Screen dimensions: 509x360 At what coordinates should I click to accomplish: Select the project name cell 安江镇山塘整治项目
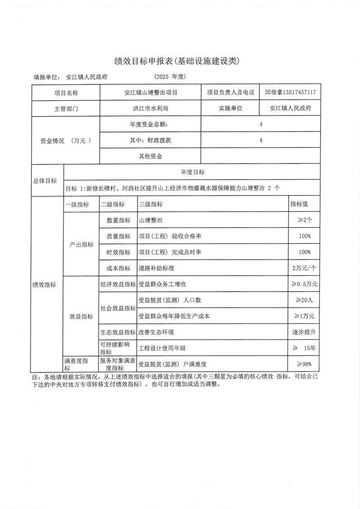click(151, 92)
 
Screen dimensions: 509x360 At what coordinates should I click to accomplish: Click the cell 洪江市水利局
click(151, 109)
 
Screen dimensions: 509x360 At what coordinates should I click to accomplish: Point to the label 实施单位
click(230, 109)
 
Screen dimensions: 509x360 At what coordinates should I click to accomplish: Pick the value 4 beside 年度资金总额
click(261, 124)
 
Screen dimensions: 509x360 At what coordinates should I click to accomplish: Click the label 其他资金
click(151, 157)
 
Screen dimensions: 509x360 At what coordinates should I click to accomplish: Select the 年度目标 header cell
click(193, 172)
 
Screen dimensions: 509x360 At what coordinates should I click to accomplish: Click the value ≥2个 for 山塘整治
click(304, 220)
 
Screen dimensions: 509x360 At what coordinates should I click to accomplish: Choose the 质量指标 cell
click(118, 236)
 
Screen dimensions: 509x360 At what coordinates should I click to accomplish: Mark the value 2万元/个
click(304, 268)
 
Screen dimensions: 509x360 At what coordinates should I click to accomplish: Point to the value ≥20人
click(307, 300)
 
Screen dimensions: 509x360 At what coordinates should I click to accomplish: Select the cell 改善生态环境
click(156, 332)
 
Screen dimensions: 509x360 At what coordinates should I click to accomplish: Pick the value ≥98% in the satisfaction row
click(304, 364)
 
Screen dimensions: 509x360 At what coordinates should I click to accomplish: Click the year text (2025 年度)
click(170, 76)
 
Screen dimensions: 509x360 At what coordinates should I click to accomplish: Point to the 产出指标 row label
click(81, 244)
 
